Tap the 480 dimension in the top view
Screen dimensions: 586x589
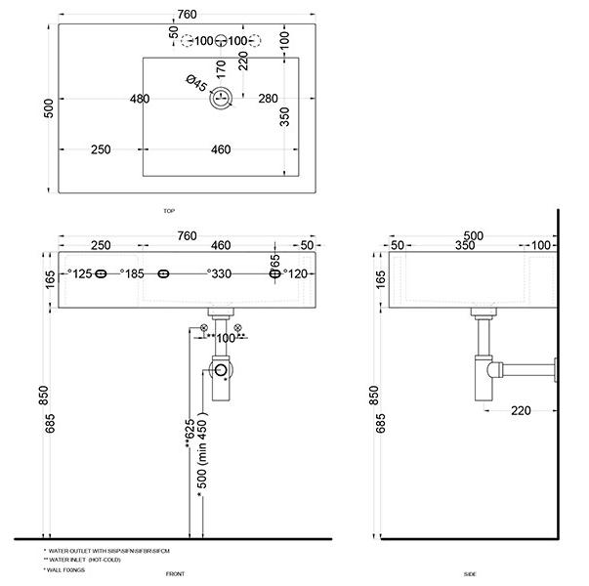click(x=140, y=98)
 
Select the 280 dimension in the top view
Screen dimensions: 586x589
click(x=270, y=98)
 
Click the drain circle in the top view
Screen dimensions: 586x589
click(x=223, y=98)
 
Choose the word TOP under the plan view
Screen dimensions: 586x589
click(x=169, y=211)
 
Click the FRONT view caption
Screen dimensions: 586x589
click(x=176, y=573)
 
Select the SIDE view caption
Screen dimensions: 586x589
click(x=471, y=573)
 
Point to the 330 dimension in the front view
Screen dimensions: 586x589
click(x=220, y=274)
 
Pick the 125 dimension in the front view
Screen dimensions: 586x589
click(x=80, y=274)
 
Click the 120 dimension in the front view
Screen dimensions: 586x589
click(x=296, y=274)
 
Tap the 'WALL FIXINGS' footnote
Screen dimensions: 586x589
click(x=67, y=568)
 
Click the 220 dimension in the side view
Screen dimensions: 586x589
click(x=521, y=410)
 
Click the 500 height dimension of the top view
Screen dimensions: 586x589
click(x=47, y=107)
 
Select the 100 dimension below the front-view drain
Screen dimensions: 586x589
click(x=227, y=338)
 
